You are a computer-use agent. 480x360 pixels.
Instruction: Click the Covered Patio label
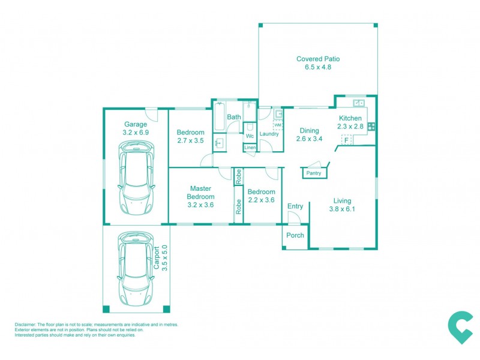point(318,59)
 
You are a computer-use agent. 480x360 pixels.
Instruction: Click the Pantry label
point(314,173)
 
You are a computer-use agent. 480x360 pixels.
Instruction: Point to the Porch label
point(295,235)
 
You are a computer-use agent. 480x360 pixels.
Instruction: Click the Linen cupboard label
point(250,148)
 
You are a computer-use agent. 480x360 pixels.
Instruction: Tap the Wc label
point(250,136)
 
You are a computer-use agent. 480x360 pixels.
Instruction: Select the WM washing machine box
point(278,125)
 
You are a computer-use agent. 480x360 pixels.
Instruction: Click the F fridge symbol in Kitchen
point(346,140)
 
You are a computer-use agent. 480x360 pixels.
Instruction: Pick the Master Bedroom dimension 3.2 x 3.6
point(200,205)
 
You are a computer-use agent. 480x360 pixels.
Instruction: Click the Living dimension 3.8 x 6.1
point(343,209)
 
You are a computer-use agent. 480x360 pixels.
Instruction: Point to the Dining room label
point(309,131)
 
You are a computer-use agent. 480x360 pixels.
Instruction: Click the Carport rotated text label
point(157,259)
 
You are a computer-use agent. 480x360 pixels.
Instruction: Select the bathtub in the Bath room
point(218,117)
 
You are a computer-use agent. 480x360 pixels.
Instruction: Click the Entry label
point(295,206)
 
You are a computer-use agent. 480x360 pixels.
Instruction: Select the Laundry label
point(269,134)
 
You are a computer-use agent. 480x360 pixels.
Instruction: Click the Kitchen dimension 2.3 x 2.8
point(350,127)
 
